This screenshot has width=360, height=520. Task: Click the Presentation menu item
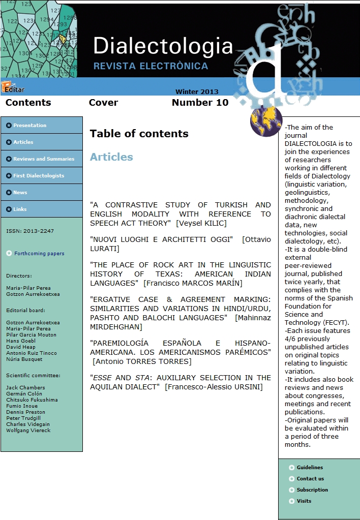pos(29,126)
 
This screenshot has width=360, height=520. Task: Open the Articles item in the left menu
pos(23,142)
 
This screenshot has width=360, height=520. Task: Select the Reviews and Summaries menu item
pos(43,159)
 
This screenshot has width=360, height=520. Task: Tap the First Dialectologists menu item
pos(38,176)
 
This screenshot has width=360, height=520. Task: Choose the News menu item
pos(20,193)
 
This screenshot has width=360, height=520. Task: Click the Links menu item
pos(20,209)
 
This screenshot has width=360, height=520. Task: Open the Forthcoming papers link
pos(39,254)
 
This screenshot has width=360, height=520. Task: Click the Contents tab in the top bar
pos(28,103)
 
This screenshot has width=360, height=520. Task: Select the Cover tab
pos(103,103)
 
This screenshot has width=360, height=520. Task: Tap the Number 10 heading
pos(200,103)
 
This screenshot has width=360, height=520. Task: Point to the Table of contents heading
pos(139,134)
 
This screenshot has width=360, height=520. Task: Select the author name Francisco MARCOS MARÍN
pos(193,283)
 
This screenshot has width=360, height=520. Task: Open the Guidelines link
pos(310,468)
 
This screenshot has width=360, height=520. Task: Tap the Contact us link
pos(310,479)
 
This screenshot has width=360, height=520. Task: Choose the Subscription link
pos(312,490)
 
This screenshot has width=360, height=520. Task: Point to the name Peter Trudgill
pos(23,418)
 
